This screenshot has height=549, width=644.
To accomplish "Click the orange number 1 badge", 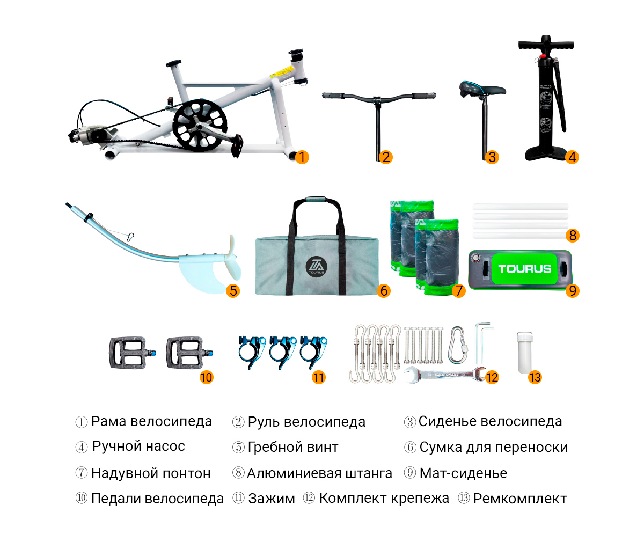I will [x=302, y=157].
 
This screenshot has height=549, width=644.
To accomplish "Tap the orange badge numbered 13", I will [x=535, y=377].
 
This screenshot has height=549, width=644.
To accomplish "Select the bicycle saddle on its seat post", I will [x=482, y=90].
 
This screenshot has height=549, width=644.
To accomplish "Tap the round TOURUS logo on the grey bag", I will [x=316, y=267].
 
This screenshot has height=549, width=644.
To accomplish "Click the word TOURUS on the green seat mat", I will [x=524, y=269].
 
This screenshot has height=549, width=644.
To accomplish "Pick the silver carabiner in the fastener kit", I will [x=457, y=344].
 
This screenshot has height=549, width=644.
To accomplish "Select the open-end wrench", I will [x=444, y=374].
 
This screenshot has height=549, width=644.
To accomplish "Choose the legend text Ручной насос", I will [x=138, y=446].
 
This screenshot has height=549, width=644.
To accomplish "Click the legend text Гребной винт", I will [x=293, y=447].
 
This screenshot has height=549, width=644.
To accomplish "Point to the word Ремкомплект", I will [x=520, y=499].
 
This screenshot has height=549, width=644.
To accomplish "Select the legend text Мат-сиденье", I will [x=463, y=473].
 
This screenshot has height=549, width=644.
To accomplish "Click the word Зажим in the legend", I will [x=272, y=499].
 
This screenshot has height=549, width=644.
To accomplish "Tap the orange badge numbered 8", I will [x=573, y=235].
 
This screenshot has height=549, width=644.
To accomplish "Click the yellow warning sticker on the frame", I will [x=280, y=73].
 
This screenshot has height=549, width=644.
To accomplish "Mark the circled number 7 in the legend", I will [x=82, y=473].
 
